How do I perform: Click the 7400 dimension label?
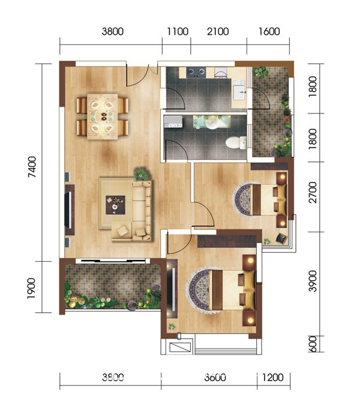[32, 167]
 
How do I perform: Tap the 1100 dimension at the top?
[178, 32]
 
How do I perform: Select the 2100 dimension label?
[218, 32]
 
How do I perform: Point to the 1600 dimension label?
[269, 32]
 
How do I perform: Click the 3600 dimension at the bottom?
[215, 378]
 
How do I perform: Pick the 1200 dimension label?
[272, 378]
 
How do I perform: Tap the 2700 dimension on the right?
[313, 193]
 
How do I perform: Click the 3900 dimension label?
[313, 281]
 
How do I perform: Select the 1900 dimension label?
[31, 289]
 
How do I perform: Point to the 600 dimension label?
[313, 344]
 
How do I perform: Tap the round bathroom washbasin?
[212, 124]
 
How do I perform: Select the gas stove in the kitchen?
[196, 72]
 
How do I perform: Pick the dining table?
[103, 116]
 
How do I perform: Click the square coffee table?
[115, 205]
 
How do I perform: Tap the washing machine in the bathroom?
[173, 122]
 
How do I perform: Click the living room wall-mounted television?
[69, 209]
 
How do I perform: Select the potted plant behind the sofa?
[141, 173]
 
